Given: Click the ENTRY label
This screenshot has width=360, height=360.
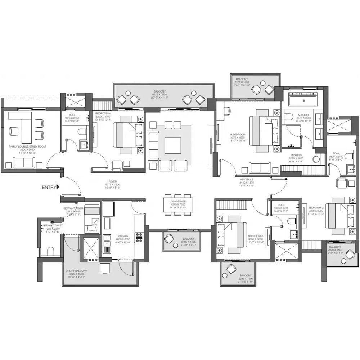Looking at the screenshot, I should (49, 187).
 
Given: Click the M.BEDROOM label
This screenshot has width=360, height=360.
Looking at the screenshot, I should (238, 135).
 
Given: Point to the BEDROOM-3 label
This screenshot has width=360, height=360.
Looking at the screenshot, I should (256, 236).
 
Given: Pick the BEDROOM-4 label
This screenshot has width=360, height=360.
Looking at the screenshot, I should (103, 113).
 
